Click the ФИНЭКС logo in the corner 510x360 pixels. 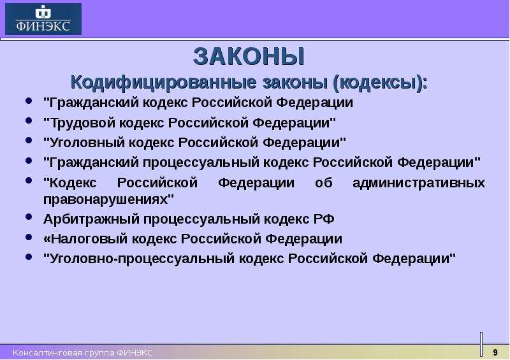43,19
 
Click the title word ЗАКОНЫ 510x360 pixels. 249,57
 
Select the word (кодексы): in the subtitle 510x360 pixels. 380,83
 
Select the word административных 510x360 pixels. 419,182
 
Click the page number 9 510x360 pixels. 495,352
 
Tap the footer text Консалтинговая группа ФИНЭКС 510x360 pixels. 83,352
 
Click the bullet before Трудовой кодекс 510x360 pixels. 29,120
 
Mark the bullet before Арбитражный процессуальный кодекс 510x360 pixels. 29,217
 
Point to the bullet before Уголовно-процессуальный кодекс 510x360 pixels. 29,257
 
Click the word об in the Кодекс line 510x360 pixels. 324,182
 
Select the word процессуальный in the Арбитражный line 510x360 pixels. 201,219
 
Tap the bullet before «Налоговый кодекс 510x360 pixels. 29,237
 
